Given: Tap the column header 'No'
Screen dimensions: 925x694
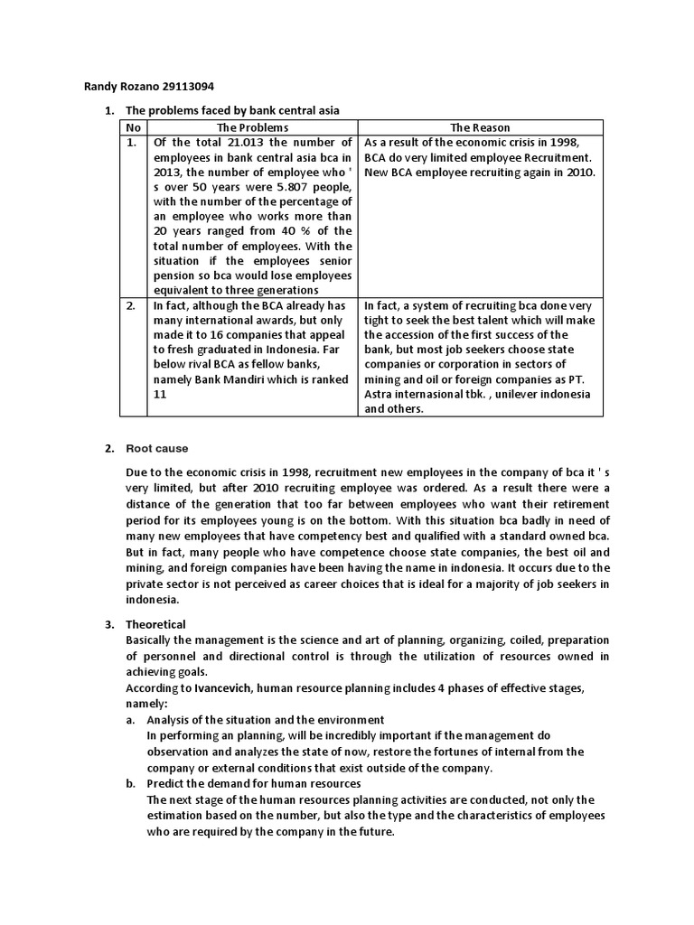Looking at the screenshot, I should (x=134, y=127).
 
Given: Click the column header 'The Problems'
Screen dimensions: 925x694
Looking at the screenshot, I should (x=252, y=127).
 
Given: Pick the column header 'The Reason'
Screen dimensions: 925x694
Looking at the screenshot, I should (x=480, y=127).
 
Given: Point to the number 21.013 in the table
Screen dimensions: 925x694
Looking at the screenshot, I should (x=245, y=143).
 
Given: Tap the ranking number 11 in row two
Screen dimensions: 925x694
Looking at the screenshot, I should (x=161, y=394).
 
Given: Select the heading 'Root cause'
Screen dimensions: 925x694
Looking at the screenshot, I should (x=157, y=449).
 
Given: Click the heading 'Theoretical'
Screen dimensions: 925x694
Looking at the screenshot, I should (x=155, y=624).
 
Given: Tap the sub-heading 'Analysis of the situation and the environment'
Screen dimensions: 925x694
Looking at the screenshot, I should (x=266, y=719).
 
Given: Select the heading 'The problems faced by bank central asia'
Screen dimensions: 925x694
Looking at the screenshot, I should (x=232, y=110).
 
